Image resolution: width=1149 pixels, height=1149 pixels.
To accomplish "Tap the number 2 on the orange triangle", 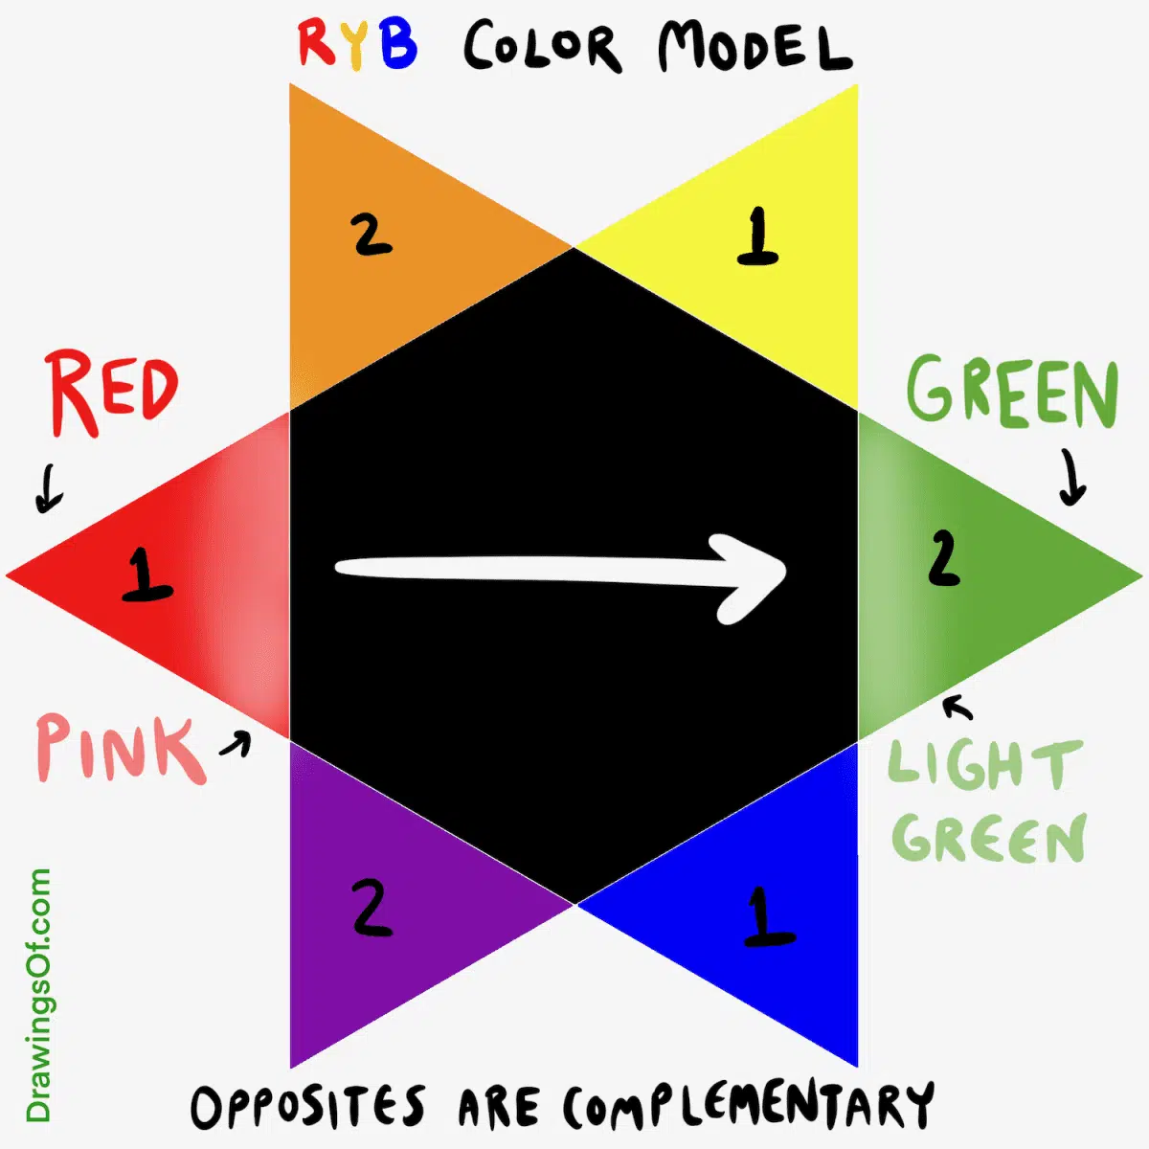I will (x=372, y=235).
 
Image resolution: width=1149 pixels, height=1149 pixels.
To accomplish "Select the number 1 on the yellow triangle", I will (x=757, y=237).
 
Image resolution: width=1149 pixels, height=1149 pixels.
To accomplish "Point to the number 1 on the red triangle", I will (x=146, y=574).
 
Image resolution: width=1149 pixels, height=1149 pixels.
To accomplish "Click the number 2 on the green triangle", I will (x=943, y=558).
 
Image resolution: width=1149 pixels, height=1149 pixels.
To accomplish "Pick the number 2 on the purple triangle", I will (x=372, y=908).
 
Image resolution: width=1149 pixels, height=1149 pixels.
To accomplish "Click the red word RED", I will (x=112, y=393).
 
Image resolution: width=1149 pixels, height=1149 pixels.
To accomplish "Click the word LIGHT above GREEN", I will (x=983, y=765).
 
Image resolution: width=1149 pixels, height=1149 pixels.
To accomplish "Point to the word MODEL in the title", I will (x=754, y=48).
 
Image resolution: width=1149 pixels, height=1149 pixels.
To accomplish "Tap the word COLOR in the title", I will (x=542, y=48).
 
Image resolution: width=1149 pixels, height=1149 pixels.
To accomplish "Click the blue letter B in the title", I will (x=397, y=43).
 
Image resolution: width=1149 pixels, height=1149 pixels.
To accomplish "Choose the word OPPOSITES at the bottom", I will (x=307, y=1107).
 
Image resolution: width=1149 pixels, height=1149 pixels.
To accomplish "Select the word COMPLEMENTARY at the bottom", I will (x=748, y=1107).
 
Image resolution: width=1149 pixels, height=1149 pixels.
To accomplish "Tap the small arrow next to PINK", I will (x=236, y=743).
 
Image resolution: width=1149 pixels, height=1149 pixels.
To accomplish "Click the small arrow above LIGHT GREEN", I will (x=957, y=707).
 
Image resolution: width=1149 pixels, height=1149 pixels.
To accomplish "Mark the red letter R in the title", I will (x=316, y=43).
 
